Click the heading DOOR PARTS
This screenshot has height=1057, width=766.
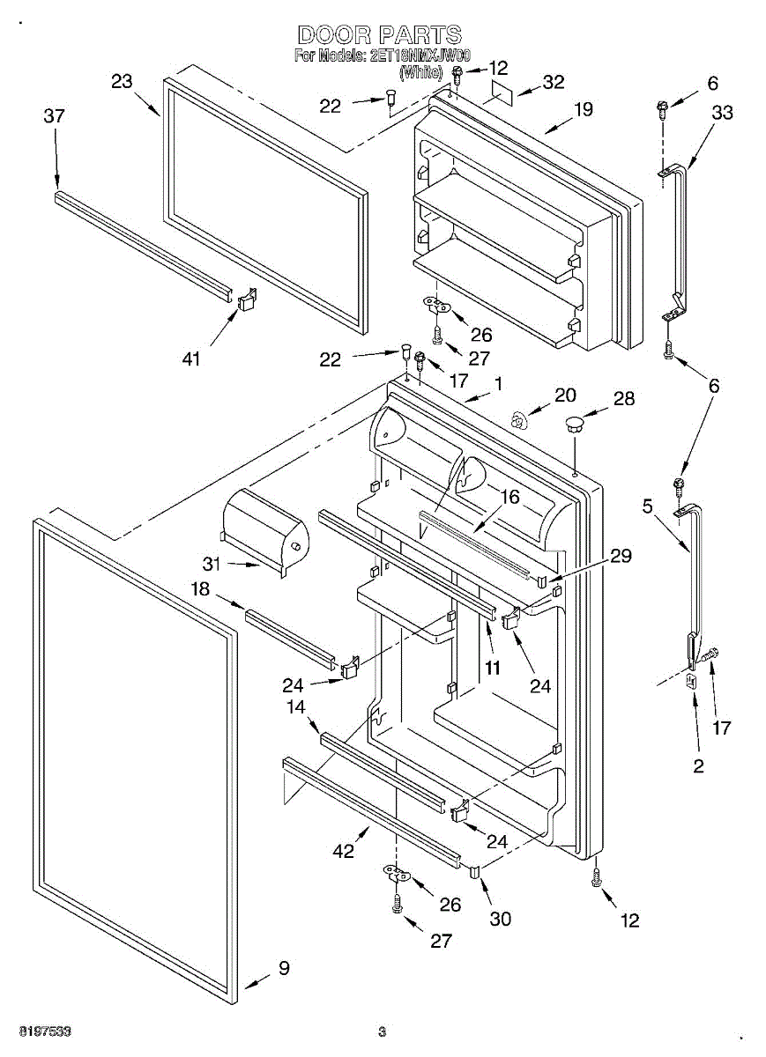coord(379,35)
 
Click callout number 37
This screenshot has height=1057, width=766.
coord(55,116)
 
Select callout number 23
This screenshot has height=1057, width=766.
coord(122,82)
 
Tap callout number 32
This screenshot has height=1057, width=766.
coord(553,82)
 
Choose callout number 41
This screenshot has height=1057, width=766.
coord(191,358)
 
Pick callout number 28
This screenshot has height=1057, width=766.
coord(624,399)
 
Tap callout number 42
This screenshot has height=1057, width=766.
coord(343,851)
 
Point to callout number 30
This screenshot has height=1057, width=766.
coord(500,919)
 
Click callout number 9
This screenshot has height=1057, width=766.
coord(283,968)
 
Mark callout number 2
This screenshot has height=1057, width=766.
coord(698,766)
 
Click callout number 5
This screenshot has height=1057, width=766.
coord(648,506)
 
